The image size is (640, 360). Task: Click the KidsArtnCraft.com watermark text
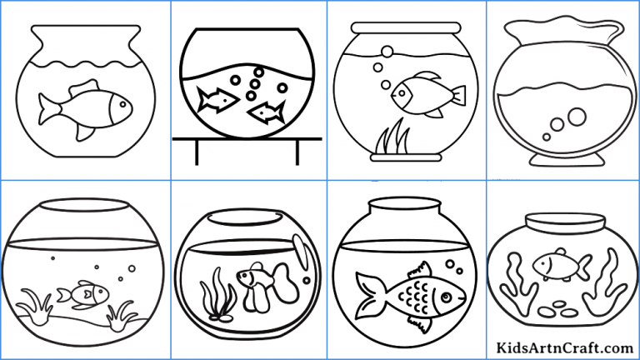point(563,347)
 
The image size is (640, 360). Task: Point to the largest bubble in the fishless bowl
point(575,113)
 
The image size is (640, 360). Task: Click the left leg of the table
point(197,153)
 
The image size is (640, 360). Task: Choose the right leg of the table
point(297,153)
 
